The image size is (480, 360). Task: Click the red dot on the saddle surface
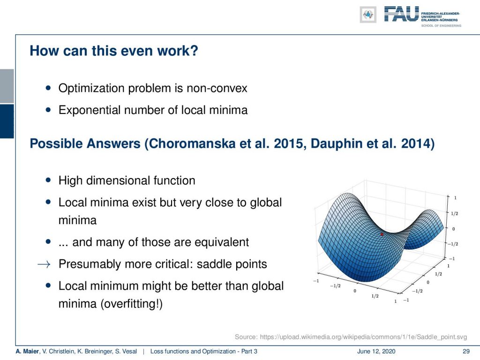point(382,234)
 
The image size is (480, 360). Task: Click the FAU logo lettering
point(401,15)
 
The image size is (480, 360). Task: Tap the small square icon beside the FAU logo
point(368,15)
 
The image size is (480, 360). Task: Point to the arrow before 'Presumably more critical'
point(44,264)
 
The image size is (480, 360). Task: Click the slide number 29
point(466,352)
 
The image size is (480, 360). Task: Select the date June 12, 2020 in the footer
point(376,352)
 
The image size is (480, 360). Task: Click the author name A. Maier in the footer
point(27,352)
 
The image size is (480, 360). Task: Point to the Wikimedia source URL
point(363,337)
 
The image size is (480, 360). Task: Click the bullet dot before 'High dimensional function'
point(48,180)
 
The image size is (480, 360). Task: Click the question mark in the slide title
point(194,51)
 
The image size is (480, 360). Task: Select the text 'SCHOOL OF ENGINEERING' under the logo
point(441,26)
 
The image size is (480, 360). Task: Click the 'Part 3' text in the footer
point(249,352)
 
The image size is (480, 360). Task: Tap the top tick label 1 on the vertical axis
point(455,198)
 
